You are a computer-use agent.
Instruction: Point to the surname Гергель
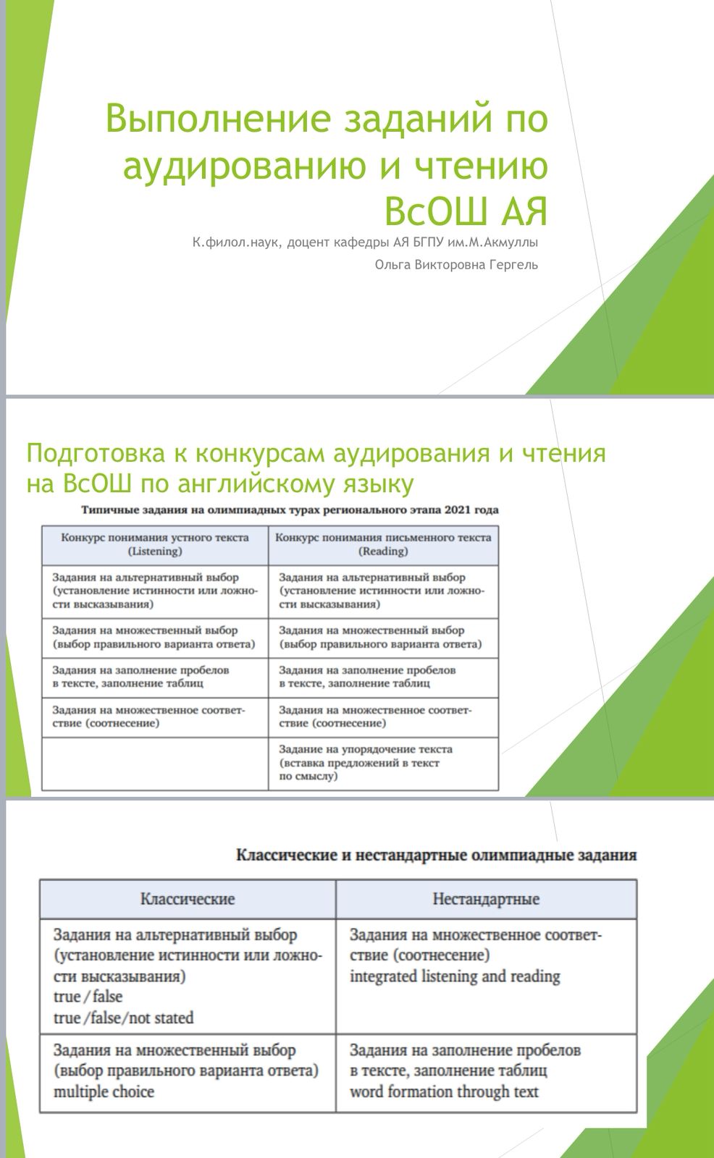pyautogui.click(x=513, y=265)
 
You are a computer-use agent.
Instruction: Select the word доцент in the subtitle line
pyautogui.click(x=308, y=242)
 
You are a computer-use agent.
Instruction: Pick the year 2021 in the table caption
pyautogui.click(x=458, y=510)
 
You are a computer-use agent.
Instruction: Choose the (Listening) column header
pyautogui.click(x=155, y=551)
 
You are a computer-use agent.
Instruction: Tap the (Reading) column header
pyautogui.click(x=383, y=551)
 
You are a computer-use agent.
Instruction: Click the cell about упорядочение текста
pyautogui.click(x=366, y=763)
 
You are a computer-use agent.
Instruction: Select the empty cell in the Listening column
pyautogui.click(x=155, y=764)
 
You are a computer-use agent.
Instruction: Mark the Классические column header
pyautogui.click(x=188, y=900)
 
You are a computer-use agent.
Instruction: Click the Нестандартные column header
pyautogui.click(x=486, y=900)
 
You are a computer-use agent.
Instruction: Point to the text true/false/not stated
pyautogui.click(x=123, y=1018)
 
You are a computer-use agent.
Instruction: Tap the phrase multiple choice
pyautogui.click(x=104, y=1092)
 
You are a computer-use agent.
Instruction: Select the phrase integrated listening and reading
pyautogui.click(x=455, y=977)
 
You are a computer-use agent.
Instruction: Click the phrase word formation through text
pyautogui.click(x=444, y=1092)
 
